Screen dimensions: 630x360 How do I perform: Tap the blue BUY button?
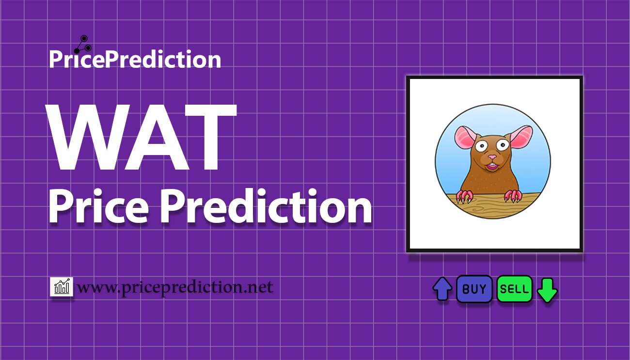click(474, 289)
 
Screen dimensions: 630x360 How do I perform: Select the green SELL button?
click(514, 289)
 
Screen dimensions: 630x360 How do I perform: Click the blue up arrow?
click(442, 289)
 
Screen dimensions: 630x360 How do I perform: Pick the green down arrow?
click(547, 290)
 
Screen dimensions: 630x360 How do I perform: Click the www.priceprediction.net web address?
click(175, 287)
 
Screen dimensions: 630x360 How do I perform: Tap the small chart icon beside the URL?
click(62, 286)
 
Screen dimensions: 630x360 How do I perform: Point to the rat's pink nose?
click(492, 157)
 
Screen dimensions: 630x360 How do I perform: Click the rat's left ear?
click(465, 138)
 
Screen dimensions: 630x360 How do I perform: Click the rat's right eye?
click(502, 145)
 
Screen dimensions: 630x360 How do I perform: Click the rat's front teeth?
click(492, 164)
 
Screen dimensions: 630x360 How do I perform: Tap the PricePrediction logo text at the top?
click(135, 59)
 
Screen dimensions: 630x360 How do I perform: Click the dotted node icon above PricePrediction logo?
click(83, 45)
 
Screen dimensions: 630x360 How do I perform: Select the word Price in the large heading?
click(99, 207)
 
